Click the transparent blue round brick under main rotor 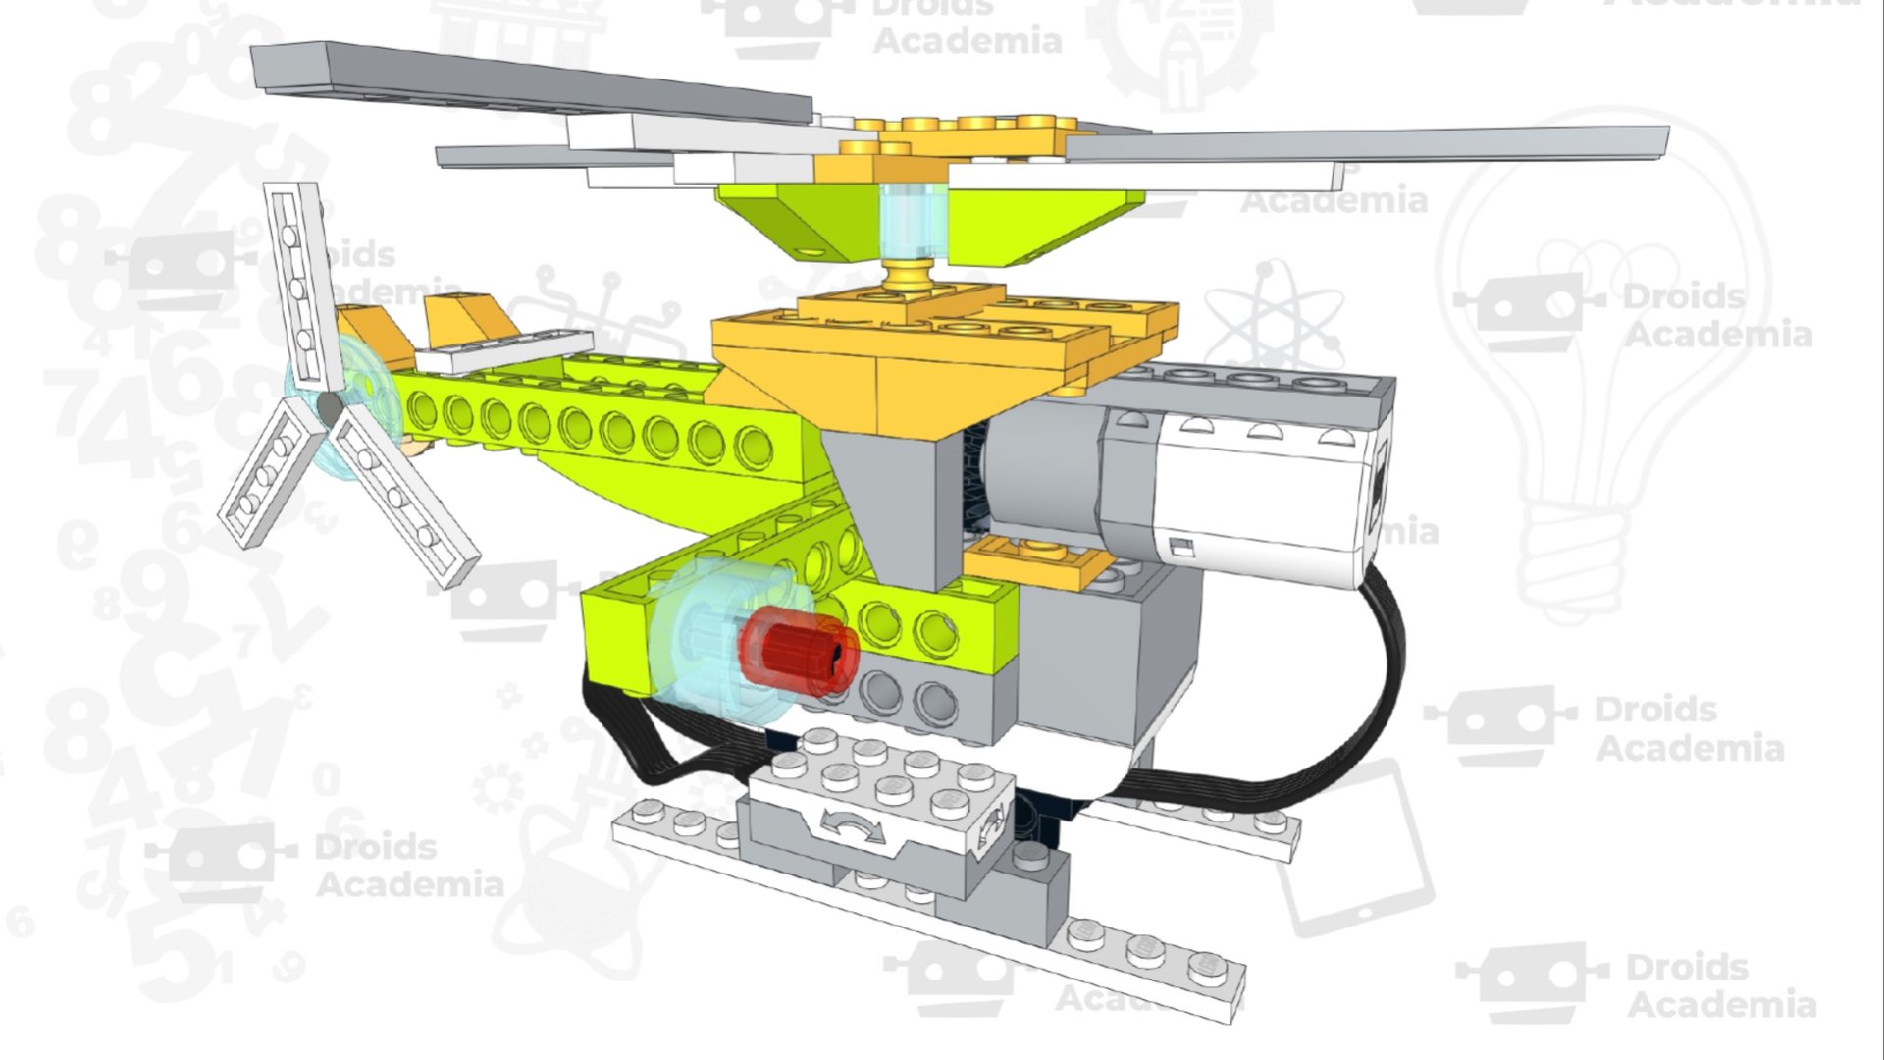point(912,221)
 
